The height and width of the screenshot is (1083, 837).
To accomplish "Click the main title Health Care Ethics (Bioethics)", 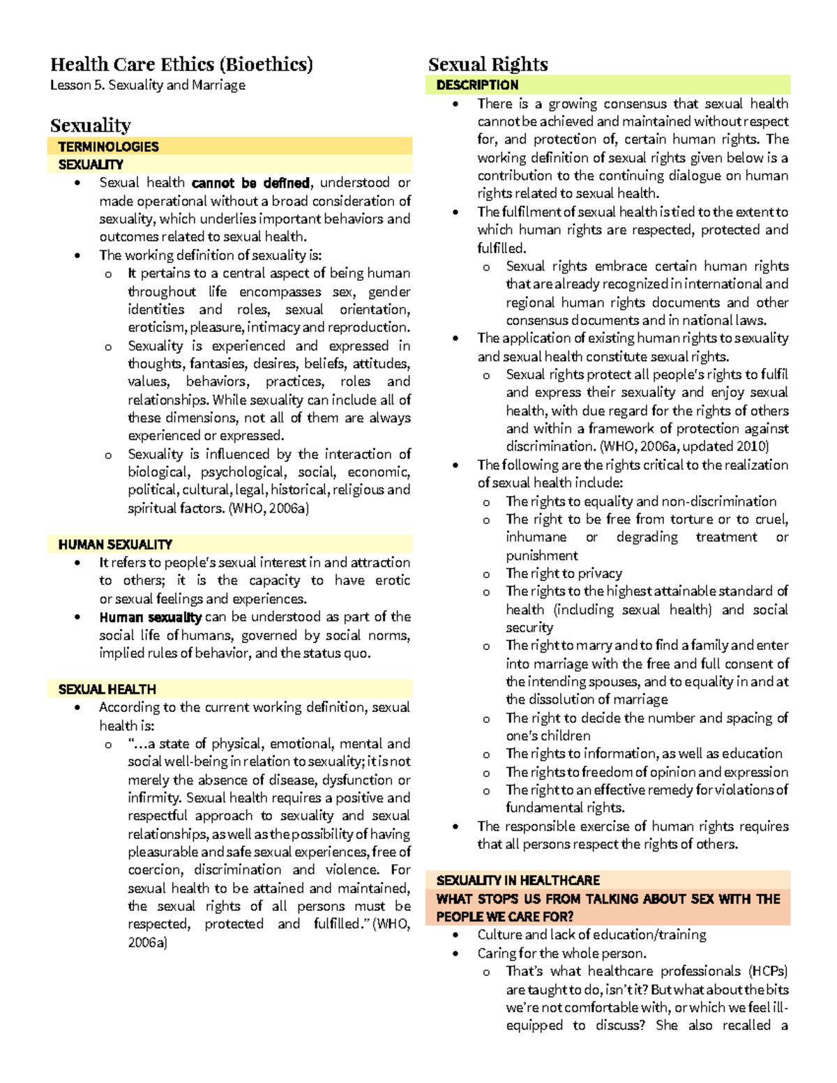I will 181,65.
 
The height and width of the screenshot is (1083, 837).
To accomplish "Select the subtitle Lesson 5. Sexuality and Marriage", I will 147,85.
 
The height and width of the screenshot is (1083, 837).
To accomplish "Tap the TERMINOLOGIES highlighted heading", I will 108,146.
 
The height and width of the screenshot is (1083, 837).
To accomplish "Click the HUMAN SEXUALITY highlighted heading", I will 115,545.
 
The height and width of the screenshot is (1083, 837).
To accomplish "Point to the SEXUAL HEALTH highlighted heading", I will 107,689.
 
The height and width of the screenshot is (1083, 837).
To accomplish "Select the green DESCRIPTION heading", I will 477,85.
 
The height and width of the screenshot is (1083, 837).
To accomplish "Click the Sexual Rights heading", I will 488,65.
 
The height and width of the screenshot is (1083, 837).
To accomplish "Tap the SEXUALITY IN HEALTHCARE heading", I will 518,880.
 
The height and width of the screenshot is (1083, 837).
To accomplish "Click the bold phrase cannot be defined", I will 250,183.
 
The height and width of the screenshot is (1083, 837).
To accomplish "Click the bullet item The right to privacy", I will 564,573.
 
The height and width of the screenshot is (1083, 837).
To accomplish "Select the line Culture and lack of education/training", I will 591,934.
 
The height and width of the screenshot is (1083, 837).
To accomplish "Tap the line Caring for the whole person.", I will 561,953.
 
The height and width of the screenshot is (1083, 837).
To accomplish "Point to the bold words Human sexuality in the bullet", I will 150,617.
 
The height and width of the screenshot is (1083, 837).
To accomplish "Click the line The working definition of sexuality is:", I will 210,255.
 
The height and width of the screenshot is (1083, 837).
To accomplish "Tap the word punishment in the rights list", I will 541,556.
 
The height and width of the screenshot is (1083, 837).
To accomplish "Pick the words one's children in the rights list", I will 548,736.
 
